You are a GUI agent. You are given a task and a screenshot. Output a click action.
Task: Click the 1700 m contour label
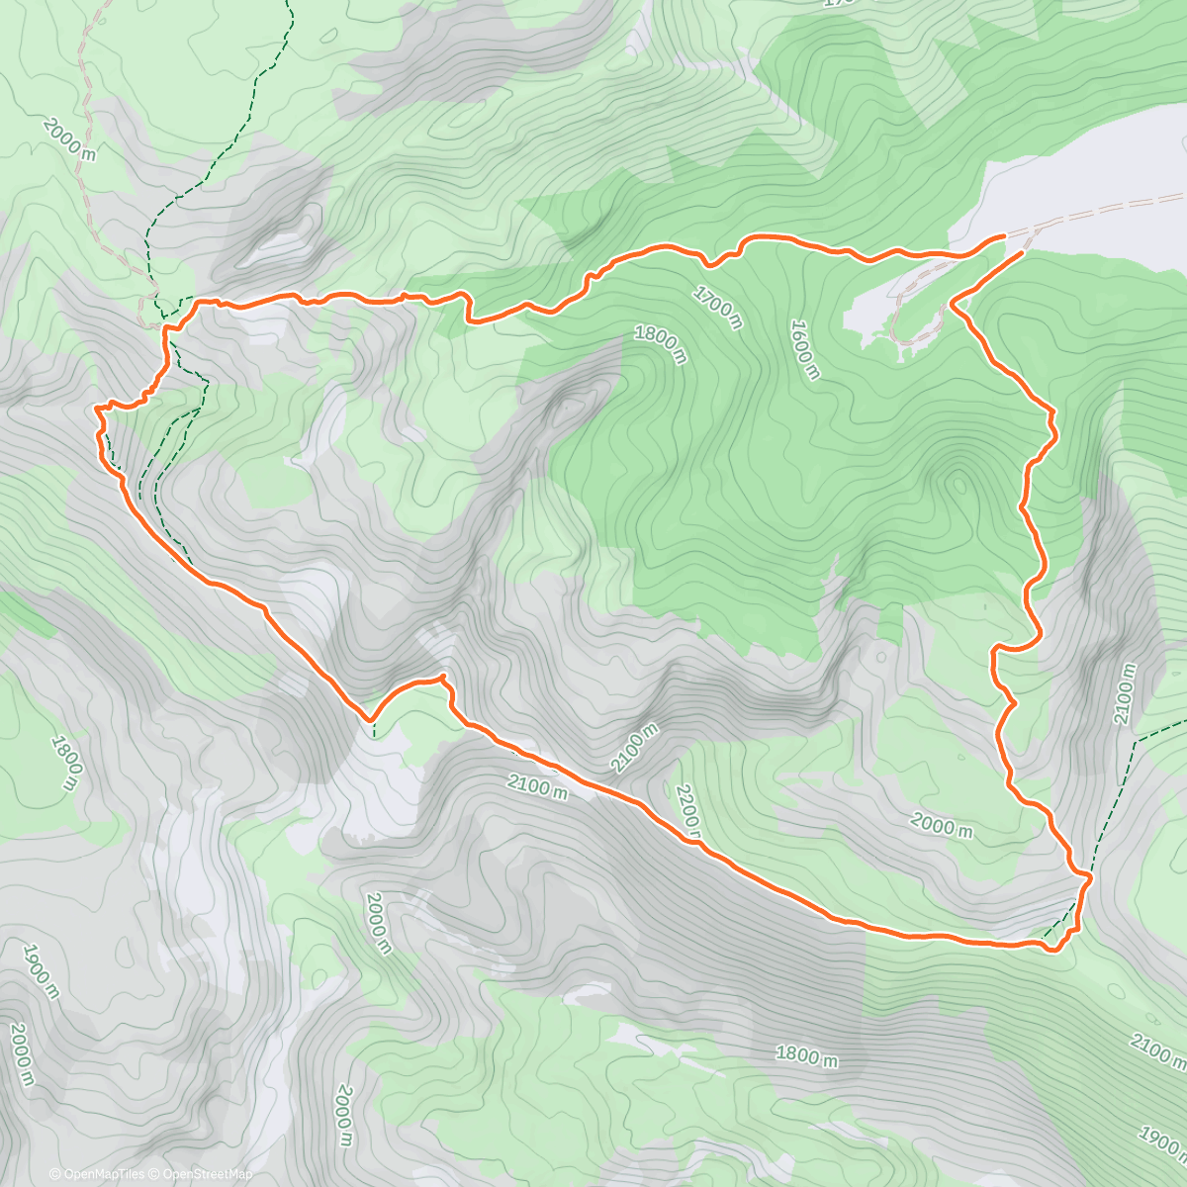click(717, 308)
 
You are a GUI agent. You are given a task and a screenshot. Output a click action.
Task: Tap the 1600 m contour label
click(804, 349)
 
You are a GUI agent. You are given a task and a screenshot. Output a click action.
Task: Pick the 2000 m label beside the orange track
click(943, 827)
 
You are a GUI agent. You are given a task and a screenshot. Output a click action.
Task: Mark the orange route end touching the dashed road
click(1004, 235)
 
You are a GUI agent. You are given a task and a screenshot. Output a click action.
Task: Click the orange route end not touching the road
click(1021, 253)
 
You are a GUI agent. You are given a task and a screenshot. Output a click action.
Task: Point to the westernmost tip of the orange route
click(95, 407)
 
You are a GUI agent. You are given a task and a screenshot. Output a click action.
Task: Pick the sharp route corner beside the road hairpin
click(952, 301)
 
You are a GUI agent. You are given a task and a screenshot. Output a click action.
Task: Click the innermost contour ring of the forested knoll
click(957, 485)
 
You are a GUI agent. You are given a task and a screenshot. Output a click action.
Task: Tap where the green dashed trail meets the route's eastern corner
click(1088, 876)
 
